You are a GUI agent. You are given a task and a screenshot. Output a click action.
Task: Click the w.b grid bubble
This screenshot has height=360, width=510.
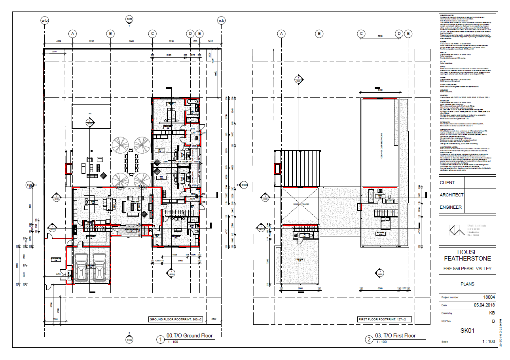[45, 20]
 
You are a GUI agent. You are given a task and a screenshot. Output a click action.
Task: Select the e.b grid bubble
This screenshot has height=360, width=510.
[222, 20]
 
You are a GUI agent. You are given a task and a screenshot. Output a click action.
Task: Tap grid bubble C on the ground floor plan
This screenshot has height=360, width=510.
[152, 34]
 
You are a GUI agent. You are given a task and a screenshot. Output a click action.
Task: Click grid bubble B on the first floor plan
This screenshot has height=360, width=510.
[319, 34]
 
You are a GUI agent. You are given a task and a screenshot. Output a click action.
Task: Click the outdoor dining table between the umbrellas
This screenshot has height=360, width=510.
[131, 163]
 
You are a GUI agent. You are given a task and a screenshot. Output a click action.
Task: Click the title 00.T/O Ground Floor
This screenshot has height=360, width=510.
[190, 335]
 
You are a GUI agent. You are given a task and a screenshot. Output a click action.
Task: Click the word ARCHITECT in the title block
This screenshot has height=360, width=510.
[451, 195]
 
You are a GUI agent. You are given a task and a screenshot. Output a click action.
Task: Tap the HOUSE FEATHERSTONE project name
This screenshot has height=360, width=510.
[467, 255]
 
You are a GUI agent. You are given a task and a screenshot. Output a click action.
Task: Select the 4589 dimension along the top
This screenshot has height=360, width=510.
[58, 41]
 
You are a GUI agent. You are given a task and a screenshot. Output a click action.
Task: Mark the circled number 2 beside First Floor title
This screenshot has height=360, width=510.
[369, 339]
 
